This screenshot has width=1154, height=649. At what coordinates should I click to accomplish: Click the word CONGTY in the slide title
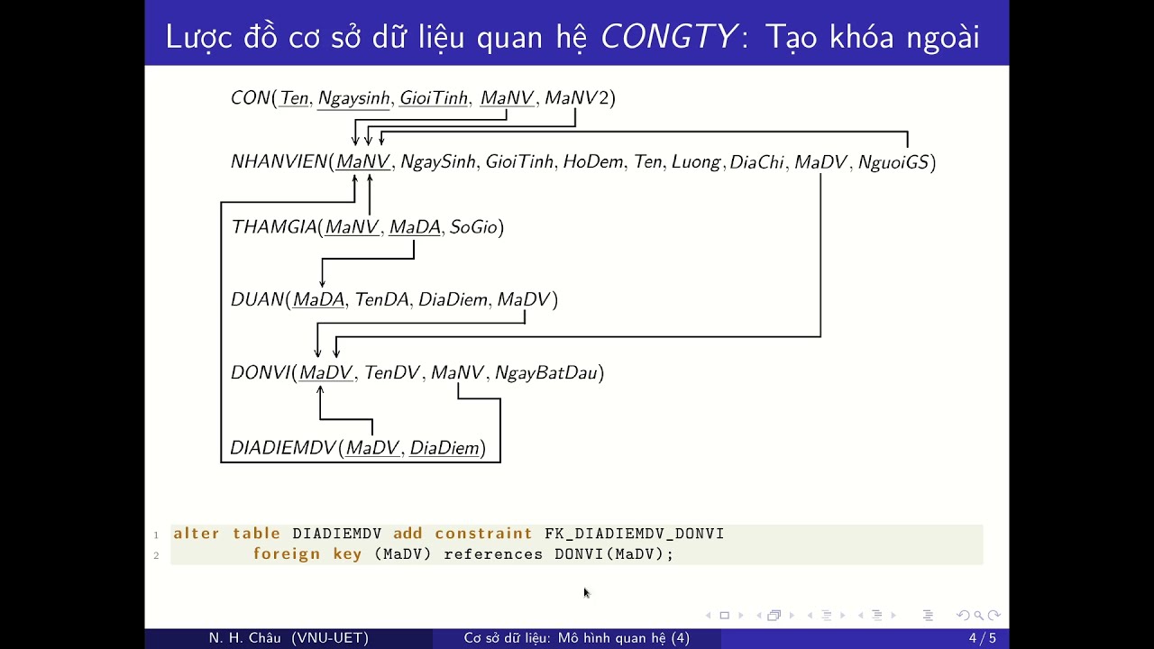coord(668,38)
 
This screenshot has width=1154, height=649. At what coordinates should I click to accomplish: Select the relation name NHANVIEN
coord(278,162)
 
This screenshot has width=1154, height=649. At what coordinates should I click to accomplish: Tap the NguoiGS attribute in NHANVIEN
coord(893,162)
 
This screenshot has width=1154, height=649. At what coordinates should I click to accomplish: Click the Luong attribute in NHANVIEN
coord(695,162)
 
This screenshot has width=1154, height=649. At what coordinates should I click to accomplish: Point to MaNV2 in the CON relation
coord(577,97)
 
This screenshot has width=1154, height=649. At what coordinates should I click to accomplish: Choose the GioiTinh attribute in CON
coord(434,97)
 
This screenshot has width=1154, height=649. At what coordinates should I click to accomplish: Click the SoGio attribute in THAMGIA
coord(473,227)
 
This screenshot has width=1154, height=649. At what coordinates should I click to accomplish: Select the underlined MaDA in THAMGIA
coord(414,227)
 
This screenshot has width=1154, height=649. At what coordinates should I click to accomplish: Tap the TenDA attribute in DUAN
coord(381,299)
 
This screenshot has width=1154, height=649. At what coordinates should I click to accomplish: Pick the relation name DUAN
coord(257,299)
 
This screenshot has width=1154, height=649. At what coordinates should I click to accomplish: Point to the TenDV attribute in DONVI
coord(391,372)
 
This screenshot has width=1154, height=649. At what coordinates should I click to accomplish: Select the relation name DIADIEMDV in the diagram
coord(282,448)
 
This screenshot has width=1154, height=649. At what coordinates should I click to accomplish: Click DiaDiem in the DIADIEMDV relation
coord(444,448)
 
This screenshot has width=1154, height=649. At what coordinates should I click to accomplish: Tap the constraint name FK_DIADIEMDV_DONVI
coord(634,534)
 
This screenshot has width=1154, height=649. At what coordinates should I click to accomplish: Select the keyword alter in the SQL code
coord(197,534)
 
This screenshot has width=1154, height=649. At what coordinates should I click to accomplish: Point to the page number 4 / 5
coord(982,638)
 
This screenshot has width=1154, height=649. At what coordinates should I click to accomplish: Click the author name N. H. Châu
coord(243,638)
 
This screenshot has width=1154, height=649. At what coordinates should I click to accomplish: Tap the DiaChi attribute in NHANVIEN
coord(756,162)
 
